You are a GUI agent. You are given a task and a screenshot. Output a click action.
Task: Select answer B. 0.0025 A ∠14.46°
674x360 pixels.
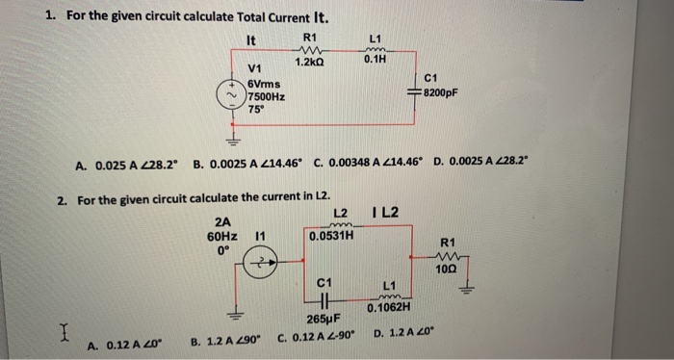(x=246, y=165)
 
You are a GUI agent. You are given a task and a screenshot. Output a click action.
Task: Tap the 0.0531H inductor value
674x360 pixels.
(x=330, y=234)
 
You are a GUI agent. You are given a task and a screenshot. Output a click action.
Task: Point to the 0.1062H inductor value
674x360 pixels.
(x=389, y=308)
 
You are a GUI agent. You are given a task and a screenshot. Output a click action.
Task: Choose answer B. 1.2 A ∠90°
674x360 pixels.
(x=227, y=340)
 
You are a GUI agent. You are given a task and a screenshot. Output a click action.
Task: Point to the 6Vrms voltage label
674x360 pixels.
(x=266, y=84)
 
